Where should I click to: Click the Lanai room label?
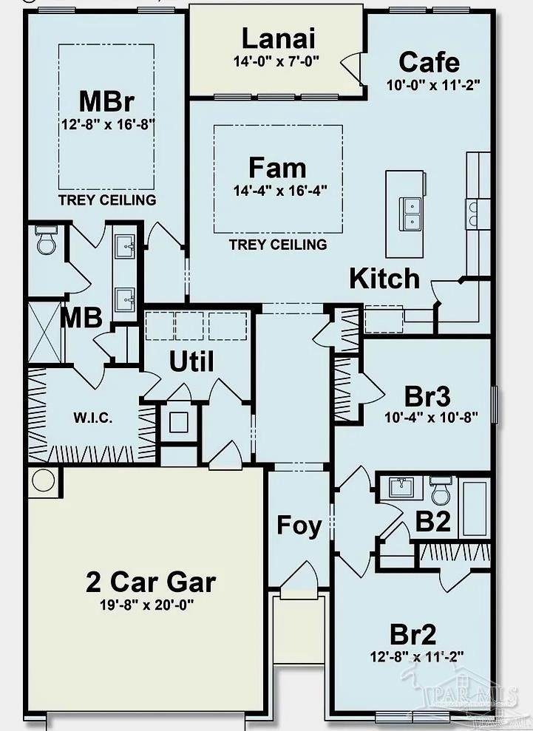click(x=278, y=38)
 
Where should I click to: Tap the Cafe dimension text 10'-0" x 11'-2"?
click(x=432, y=85)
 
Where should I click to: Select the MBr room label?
click(x=106, y=101)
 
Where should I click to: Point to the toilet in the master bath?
click(x=47, y=239)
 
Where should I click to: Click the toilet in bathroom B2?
click(x=441, y=491)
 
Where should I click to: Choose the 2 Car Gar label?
click(x=151, y=582)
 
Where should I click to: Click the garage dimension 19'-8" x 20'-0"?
click(x=146, y=605)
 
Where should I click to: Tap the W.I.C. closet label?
click(x=93, y=418)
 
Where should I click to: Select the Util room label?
click(x=191, y=361)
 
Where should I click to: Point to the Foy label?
click(x=299, y=526)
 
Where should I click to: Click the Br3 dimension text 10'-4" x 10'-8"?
click(x=431, y=417)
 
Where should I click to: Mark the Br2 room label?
click(x=413, y=634)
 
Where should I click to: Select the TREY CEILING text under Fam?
click(x=278, y=245)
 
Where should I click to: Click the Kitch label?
click(x=384, y=279)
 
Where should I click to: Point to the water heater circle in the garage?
click(x=44, y=480)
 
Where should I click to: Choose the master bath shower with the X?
click(x=45, y=332)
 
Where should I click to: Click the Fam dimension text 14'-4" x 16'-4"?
click(x=279, y=191)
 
